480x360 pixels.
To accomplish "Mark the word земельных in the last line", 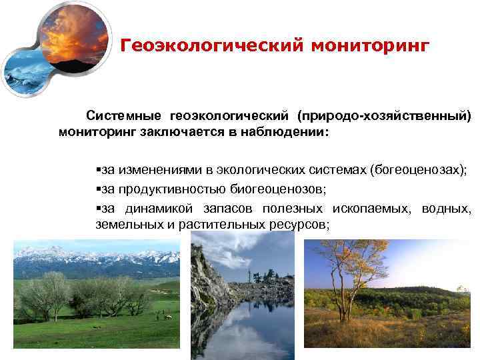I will [127, 224].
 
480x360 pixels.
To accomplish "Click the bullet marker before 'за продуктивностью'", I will [99, 189].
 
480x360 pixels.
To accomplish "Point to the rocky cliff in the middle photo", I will [203, 273].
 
